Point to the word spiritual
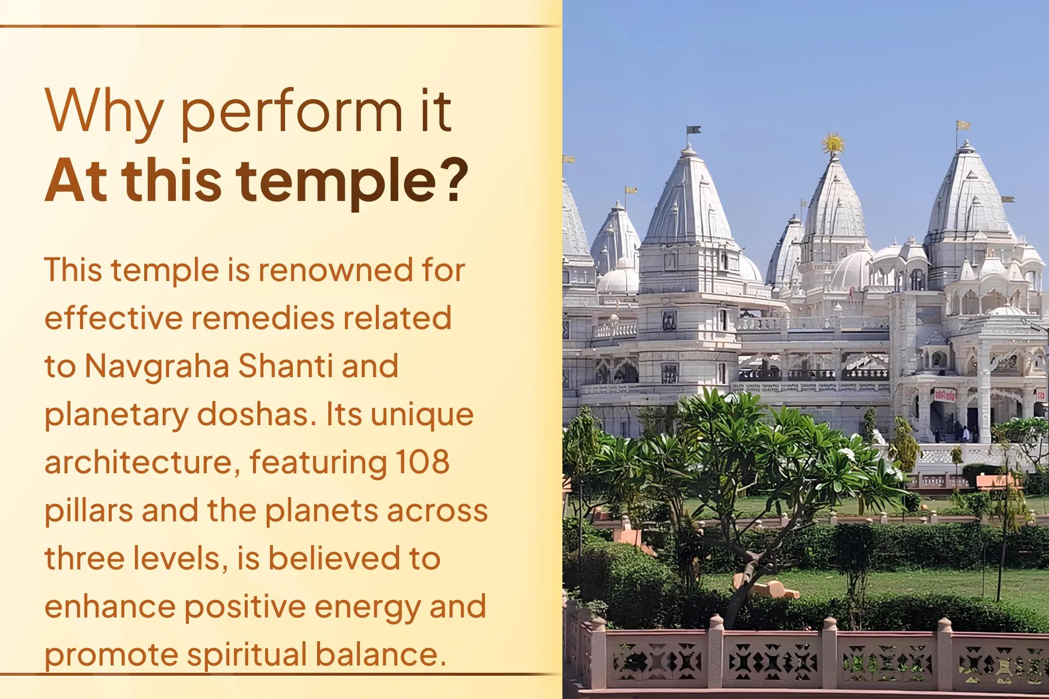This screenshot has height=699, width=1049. click(247, 655)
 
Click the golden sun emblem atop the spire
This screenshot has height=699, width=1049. click(832, 144)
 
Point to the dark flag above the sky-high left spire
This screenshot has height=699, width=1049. click(694, 130)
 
